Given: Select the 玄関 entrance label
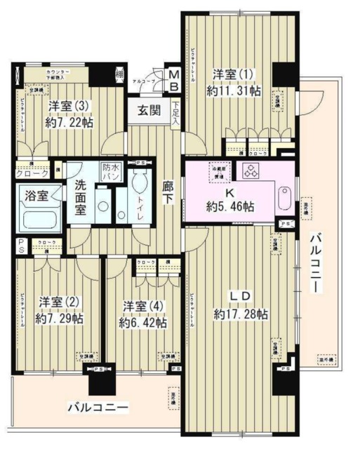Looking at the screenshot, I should pos(148,109).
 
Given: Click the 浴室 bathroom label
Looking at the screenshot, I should pos(34,196).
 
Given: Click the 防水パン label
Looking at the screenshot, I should pos(111,173).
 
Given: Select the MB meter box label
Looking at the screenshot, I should pos(173,78).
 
